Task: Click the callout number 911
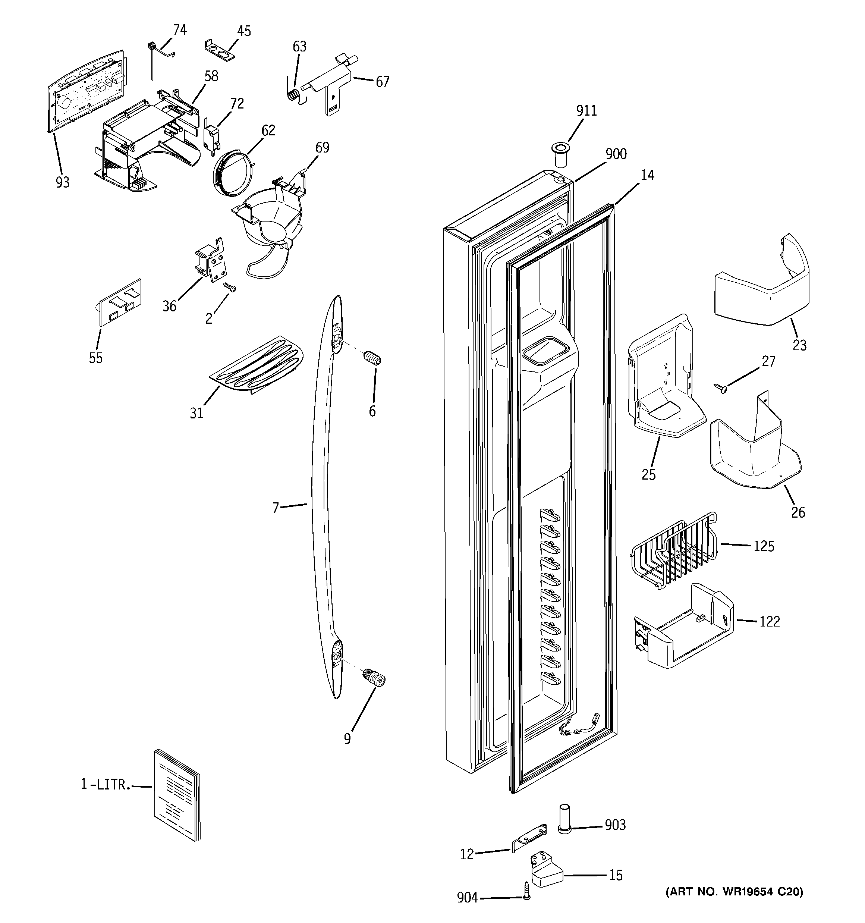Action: [586, 111]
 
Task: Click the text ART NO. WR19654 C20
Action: [734, 891]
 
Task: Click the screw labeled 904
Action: [526, 897]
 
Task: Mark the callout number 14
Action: [647, 176]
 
